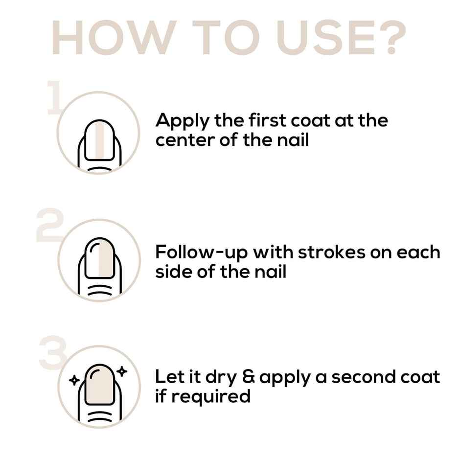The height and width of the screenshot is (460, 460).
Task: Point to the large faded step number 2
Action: click(49, 226)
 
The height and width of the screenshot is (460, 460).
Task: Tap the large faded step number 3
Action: click(51, 353)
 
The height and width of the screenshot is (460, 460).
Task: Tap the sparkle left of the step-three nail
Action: click(74, 379)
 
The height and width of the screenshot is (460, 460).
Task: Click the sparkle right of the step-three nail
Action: click(122, 371)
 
